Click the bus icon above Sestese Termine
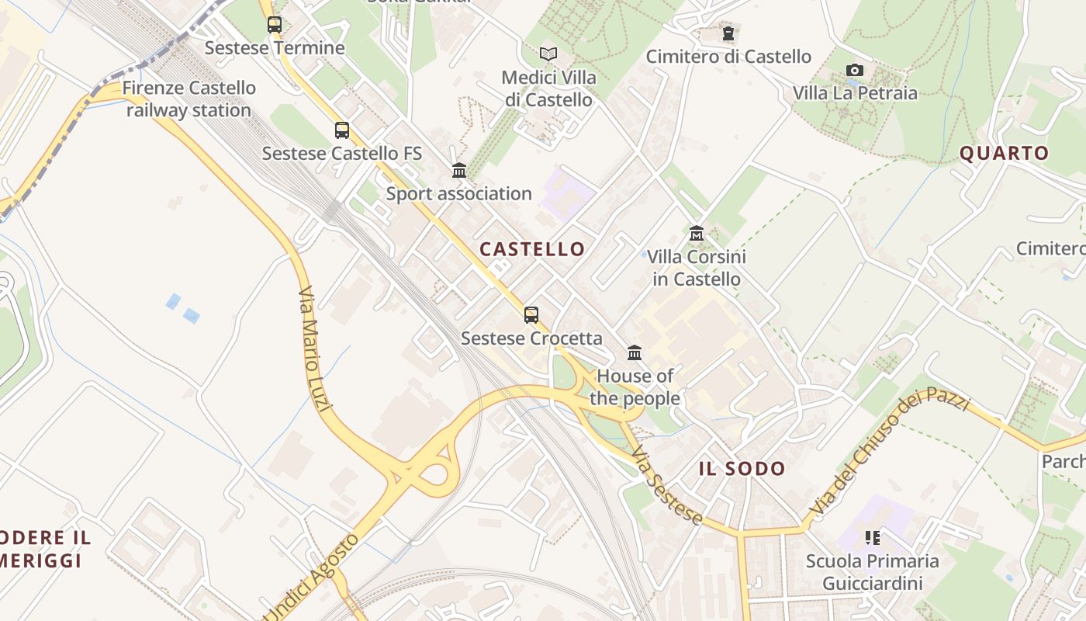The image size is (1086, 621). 275,25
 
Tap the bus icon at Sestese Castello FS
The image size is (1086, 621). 342,130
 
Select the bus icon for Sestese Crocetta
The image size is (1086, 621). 531,315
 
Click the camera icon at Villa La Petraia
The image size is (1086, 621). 855,71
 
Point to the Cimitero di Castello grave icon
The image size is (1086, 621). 728,33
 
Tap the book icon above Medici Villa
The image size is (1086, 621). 548,54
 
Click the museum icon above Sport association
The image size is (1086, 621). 459,170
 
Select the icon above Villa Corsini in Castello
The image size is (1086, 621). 697,233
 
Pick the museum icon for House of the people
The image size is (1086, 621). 635,353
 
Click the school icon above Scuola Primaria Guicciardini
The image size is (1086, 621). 873,537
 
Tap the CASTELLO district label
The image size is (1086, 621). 532,249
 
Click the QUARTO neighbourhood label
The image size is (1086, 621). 1004,153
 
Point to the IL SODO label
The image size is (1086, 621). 742,468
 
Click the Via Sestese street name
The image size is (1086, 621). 666,487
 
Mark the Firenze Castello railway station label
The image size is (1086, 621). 188,99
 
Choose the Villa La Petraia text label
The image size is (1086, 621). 855,93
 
